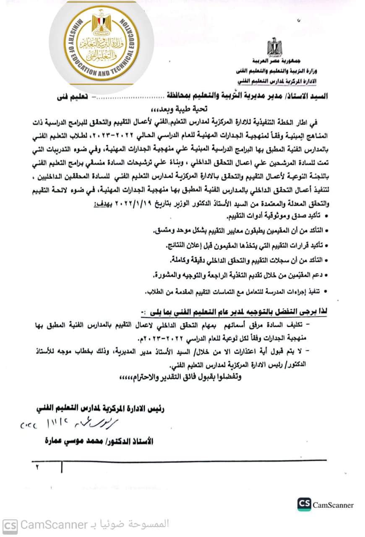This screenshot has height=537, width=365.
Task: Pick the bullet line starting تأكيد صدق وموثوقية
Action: (277, 216)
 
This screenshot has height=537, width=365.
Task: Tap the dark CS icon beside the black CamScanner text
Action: (304, 505)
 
